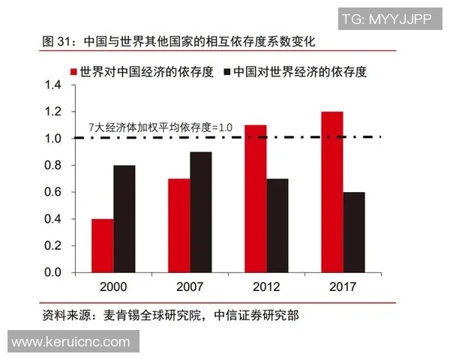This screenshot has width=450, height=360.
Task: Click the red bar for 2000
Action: point(102,245)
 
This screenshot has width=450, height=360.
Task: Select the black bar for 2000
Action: point(124,218)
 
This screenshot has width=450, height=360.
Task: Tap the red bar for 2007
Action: point(178,225)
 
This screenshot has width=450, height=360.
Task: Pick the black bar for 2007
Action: point(200,211)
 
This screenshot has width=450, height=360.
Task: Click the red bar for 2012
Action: point(255,198)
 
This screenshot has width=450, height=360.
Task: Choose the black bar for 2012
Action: point(277,225)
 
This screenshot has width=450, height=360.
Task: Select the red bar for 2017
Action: point(331,191)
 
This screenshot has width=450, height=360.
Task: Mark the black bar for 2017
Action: point(353,232)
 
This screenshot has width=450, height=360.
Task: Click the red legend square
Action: point(74,72)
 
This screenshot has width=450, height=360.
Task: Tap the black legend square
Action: point(227,72)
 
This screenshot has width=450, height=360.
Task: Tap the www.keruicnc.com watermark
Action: point(71,341)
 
